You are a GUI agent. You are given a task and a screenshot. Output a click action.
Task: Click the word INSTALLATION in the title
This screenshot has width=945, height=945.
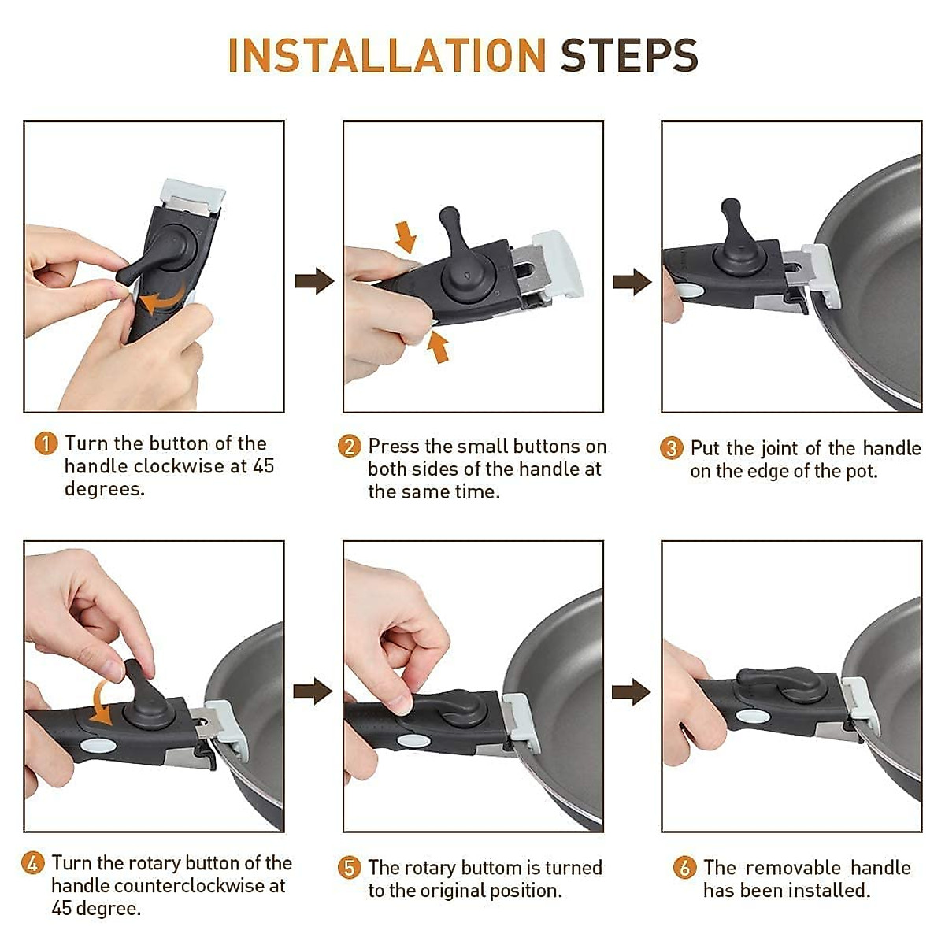(x=387, y=55)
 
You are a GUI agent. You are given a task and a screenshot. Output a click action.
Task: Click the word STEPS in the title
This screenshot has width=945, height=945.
(x=629, y=55)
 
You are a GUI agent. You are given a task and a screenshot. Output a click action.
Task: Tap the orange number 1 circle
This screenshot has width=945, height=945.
(x=46, y=443)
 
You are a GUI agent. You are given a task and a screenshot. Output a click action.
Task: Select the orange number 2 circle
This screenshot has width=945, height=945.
(x=349, y=447)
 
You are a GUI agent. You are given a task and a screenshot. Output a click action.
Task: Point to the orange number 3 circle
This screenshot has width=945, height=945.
(x=671, y=448)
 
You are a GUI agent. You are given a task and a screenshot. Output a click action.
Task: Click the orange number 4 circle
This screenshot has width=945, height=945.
(x=32, y=876)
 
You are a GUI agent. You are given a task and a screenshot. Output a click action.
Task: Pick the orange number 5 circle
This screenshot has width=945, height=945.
(x=349, y=881)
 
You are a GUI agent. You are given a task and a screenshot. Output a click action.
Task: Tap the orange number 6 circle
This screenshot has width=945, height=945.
(x=684, y=881)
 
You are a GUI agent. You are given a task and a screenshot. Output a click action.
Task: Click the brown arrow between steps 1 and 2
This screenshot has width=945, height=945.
(x=314, y=281)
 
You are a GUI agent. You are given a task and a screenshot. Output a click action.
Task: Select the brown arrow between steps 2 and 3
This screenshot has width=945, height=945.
(x=632, y=281)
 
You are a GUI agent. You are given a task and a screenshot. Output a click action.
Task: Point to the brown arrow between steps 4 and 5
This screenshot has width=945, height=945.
(x=313, y=691)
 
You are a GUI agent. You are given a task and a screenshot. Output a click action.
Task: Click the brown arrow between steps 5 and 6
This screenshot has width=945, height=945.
(x=631, y=692)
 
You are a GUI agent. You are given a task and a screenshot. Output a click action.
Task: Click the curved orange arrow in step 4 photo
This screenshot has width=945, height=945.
(x=97, y=705)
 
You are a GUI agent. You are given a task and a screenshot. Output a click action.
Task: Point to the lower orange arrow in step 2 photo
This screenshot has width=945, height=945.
(x=437, y=346)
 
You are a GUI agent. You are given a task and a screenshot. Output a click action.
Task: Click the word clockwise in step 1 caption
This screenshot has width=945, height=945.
(x=179, y=466)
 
